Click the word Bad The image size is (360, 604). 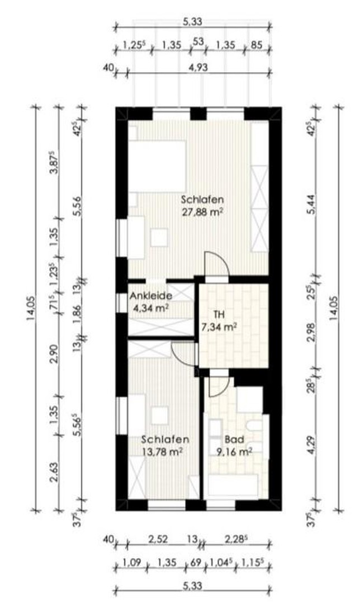tap(231, 439)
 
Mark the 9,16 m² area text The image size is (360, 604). tap(234, 450)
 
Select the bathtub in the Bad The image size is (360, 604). tap(233, 484)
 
